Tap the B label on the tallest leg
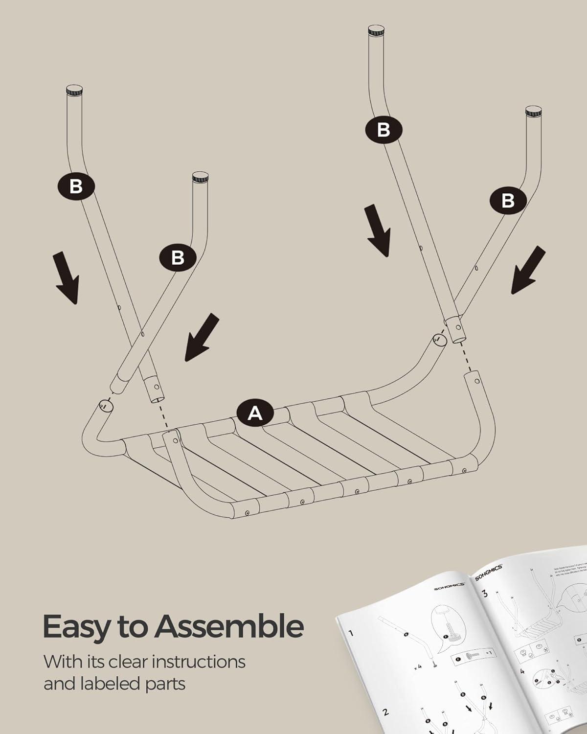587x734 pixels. tap(384, 129)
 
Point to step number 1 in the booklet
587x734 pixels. tap(351, 633)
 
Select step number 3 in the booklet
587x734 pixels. tap(485, 594)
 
